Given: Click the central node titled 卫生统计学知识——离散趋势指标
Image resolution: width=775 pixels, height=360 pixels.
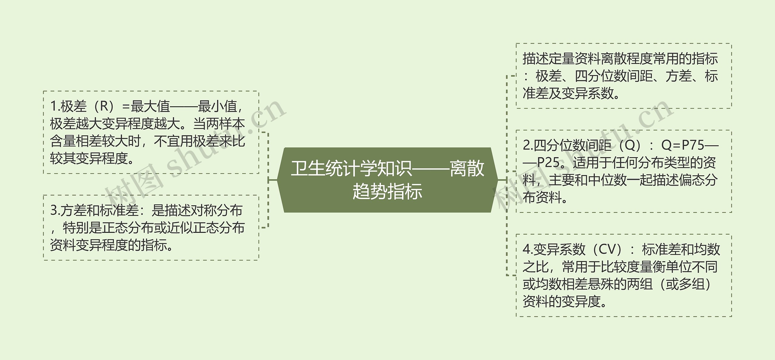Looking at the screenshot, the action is coord(387,180).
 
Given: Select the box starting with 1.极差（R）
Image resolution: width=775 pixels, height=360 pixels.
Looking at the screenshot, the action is coord(151,132).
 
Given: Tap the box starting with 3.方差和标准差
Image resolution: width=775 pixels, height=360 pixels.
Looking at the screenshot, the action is coord(151,228).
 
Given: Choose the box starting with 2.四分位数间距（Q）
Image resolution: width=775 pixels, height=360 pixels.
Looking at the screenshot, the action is coord(624,171).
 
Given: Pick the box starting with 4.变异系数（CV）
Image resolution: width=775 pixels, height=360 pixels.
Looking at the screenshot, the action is coord(624,276).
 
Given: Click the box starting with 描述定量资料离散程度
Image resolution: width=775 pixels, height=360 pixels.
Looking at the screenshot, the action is coord(624,76).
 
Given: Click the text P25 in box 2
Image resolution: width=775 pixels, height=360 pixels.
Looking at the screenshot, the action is coord(548,163).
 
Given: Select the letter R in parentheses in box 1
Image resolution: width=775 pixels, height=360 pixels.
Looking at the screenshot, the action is coord(104,106).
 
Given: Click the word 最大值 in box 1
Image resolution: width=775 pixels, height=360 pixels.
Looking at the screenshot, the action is coord(150,106).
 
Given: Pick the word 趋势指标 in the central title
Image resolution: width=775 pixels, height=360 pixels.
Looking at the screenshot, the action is coord(387,192).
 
